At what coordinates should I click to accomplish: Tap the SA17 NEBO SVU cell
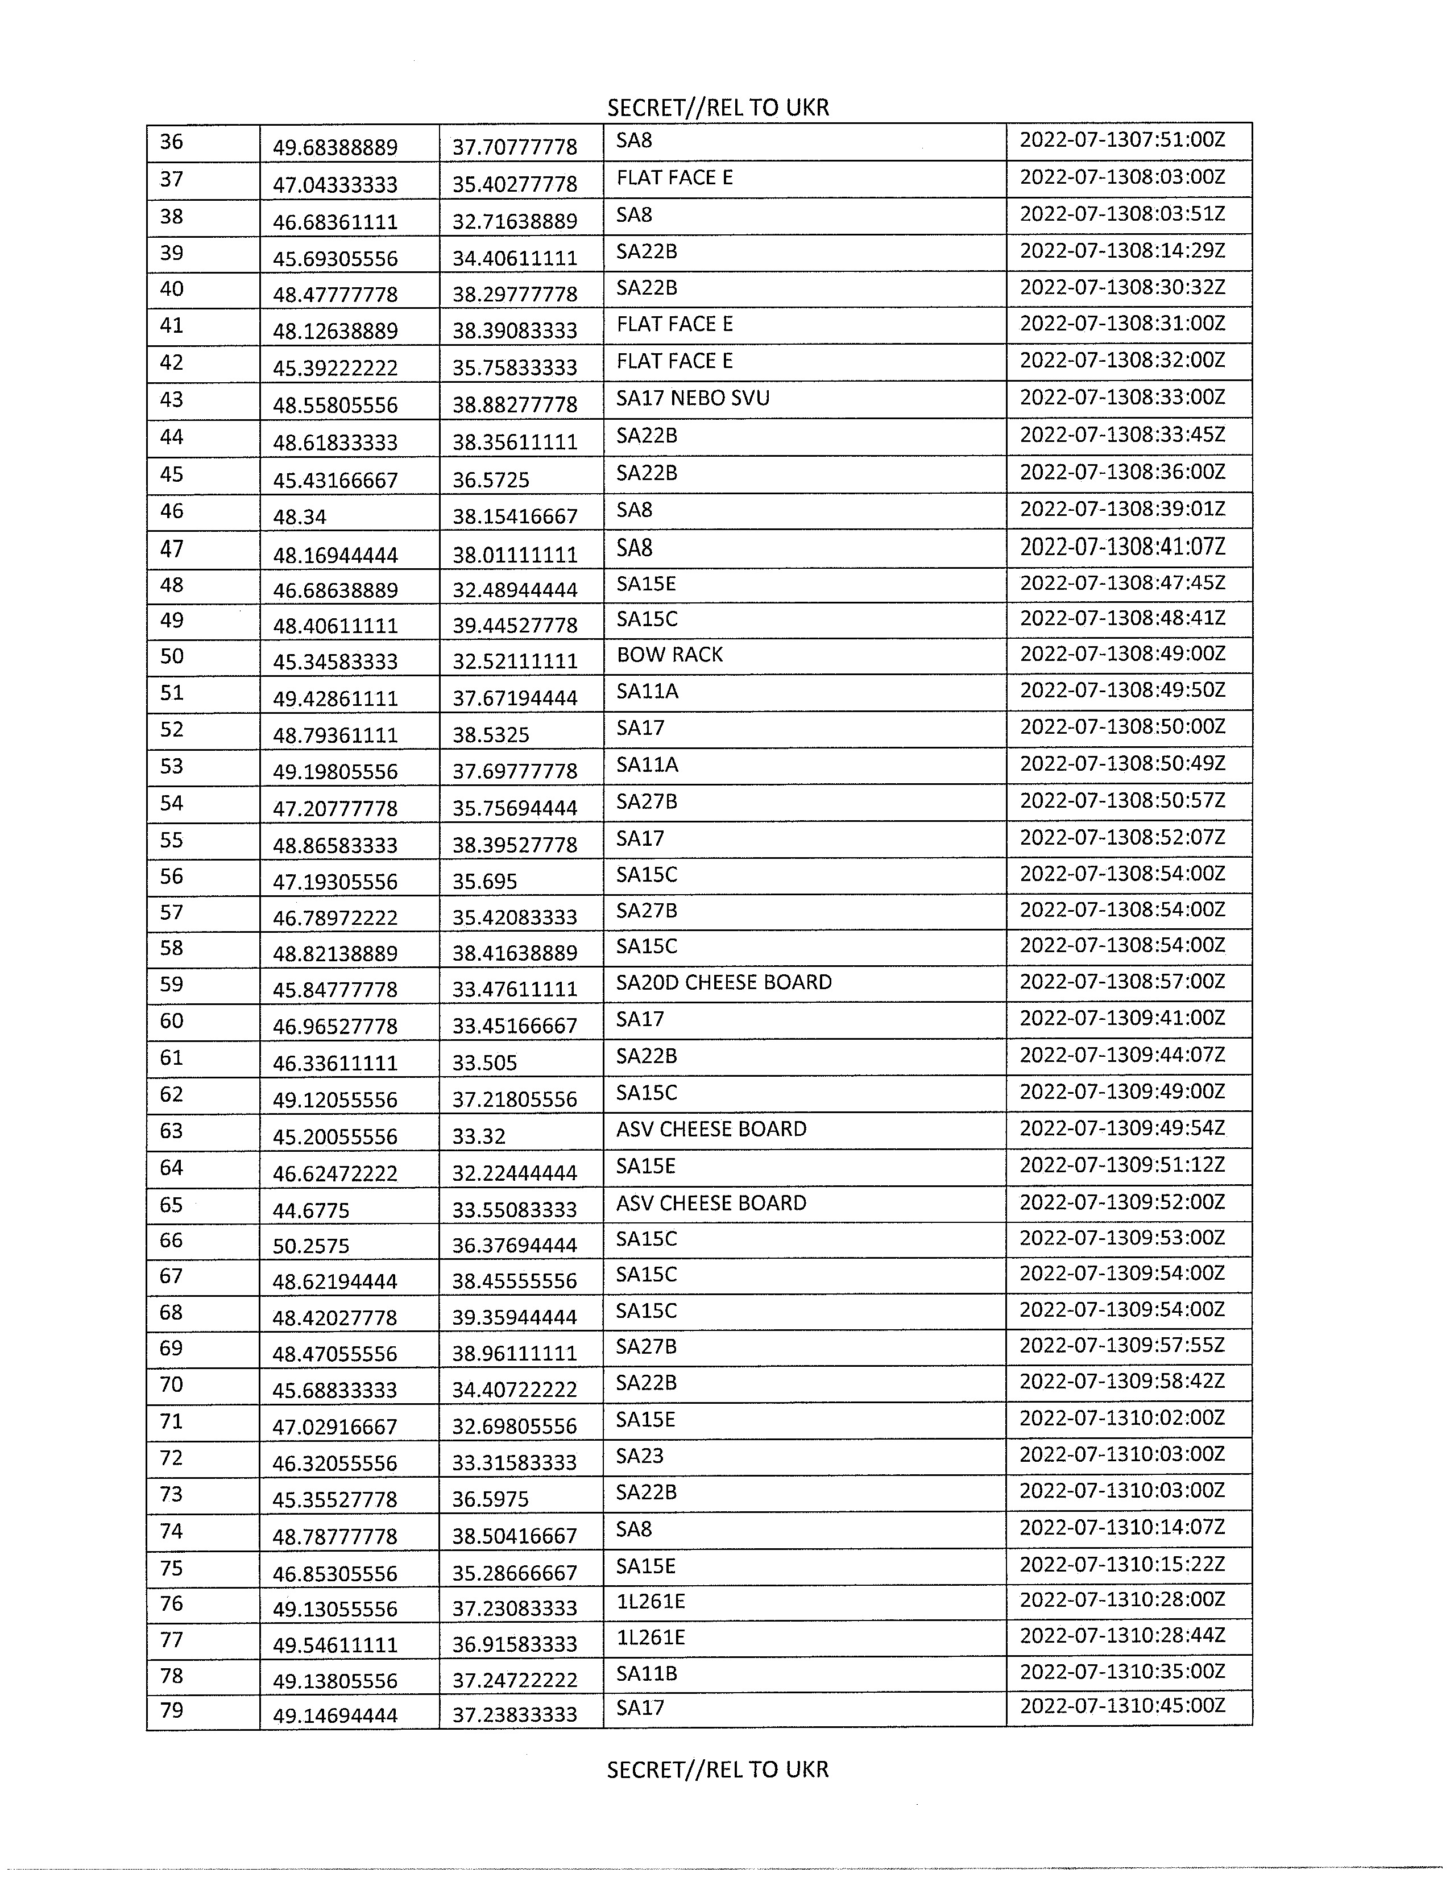[x=693, y=399]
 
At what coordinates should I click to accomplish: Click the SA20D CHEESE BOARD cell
[x=723, y=982]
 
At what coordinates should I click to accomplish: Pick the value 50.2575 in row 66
[x=311, y=1245]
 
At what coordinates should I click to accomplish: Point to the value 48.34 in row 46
[x=300, y=516]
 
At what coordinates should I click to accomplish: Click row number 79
[x=172, y=1710]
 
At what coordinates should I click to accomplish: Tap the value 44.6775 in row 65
[x=311, y=1210]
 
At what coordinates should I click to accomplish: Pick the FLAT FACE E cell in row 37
[x=674, y=178]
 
